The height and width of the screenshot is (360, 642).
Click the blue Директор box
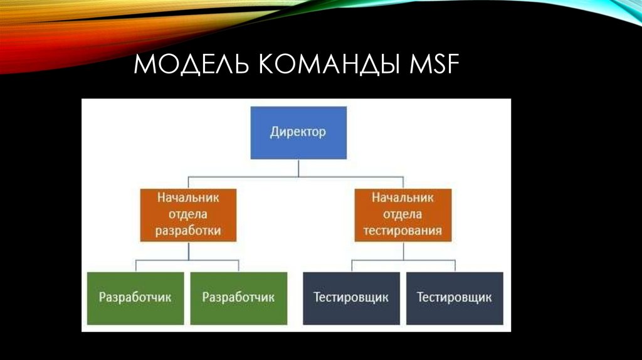coord(298,132)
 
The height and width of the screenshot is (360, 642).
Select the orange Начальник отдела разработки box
coord(188,215)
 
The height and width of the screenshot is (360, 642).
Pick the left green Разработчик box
coord(135,298)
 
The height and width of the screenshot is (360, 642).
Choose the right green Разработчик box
coord(238,298)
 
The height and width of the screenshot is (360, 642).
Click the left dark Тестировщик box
coord(351,298)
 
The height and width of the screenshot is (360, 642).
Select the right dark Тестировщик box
coord(454,298)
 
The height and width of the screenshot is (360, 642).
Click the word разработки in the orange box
coord(188,231)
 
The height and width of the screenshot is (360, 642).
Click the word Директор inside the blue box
coord(298,132)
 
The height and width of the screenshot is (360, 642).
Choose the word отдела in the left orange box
coord(188,214)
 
